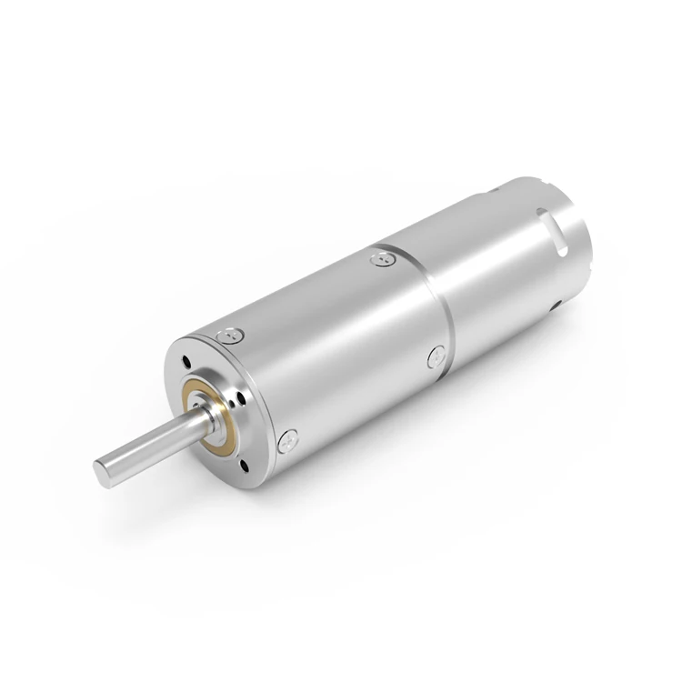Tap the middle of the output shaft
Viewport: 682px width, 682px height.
tap(150, 446)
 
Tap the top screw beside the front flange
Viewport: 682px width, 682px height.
tap(231, 336)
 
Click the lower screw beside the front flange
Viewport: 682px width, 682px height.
tap(289, 440)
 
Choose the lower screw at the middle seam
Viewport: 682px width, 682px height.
tap(435, 357)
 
